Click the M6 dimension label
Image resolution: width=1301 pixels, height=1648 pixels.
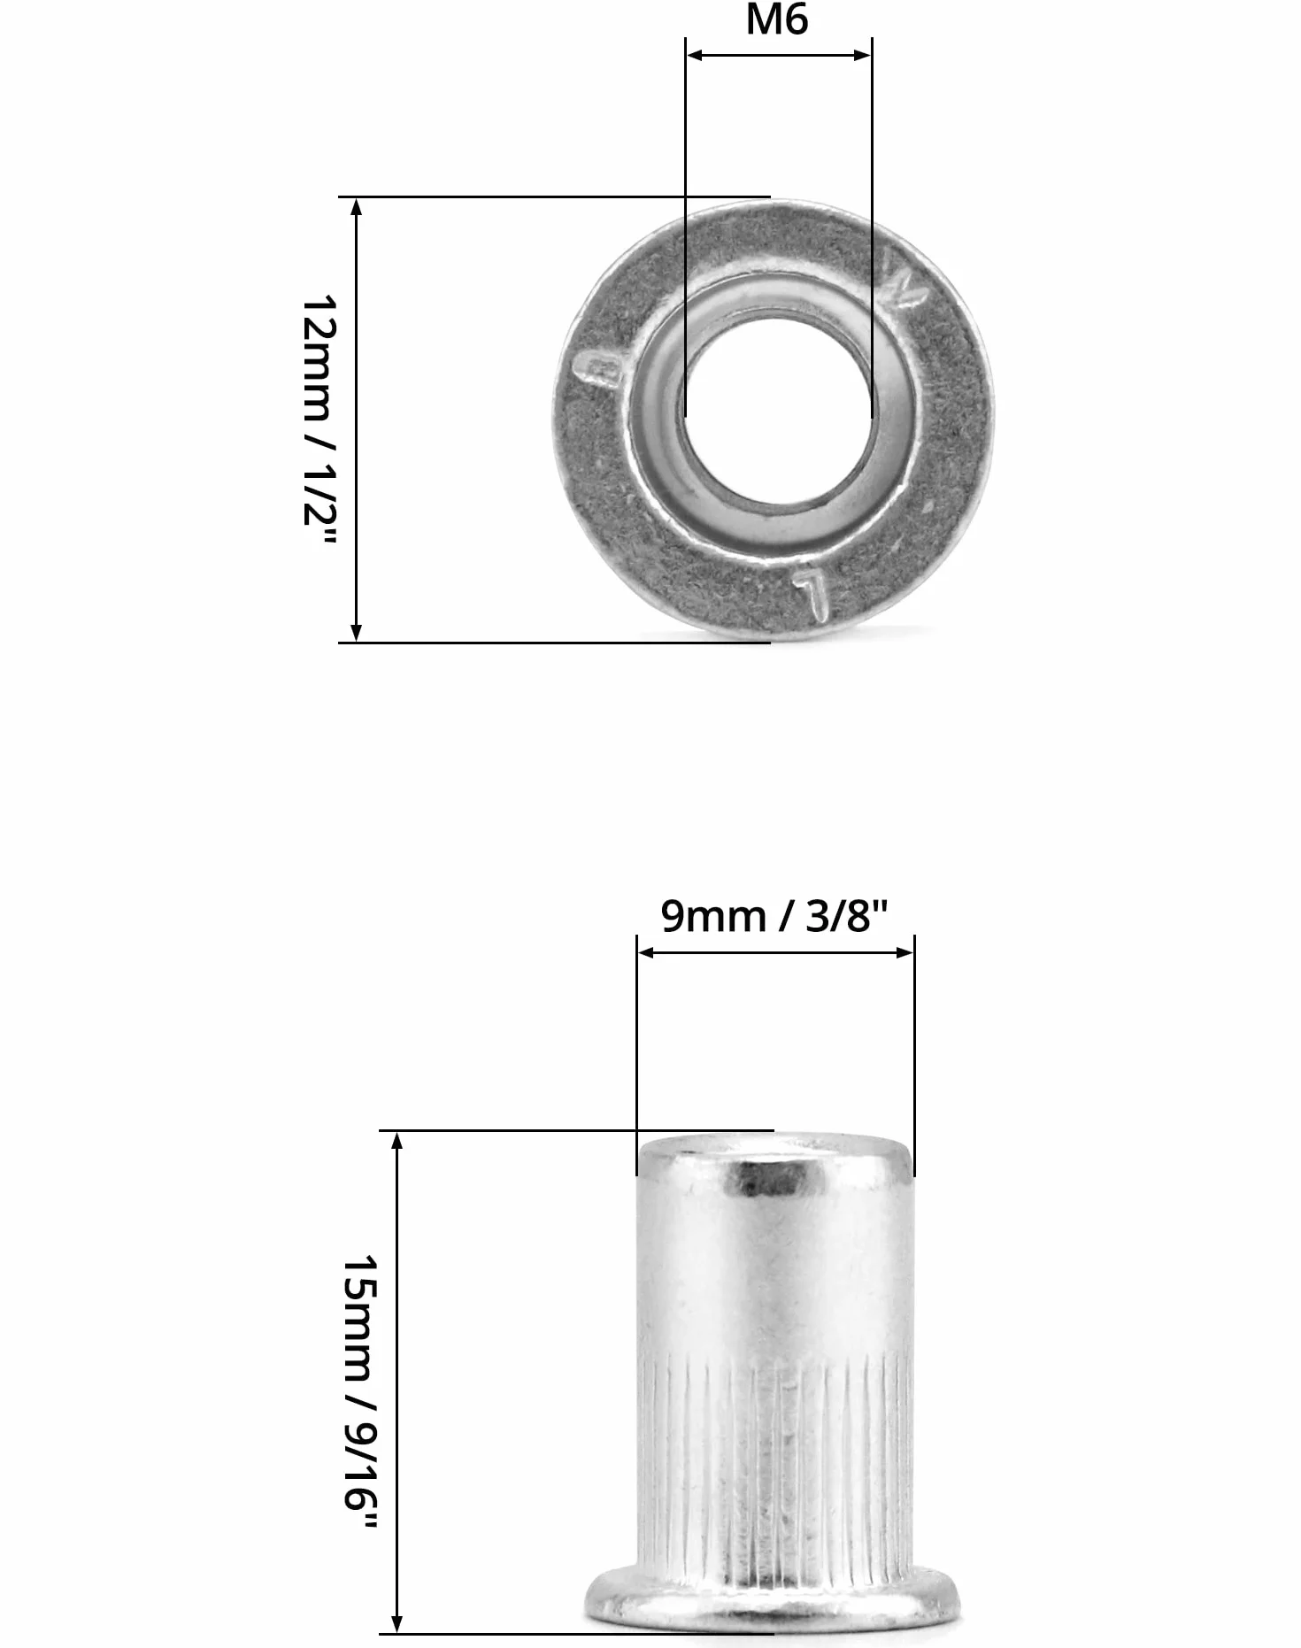(776, 19)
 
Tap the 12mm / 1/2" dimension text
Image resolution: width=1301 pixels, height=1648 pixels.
(319, 421)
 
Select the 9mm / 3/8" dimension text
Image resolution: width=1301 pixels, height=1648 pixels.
(774, 915)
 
